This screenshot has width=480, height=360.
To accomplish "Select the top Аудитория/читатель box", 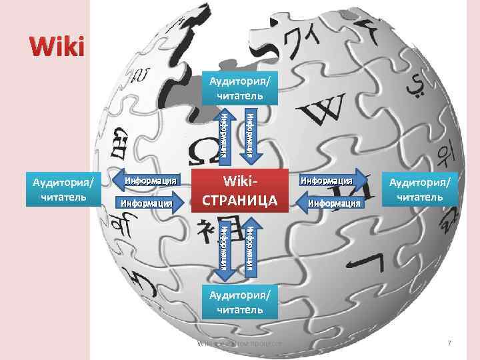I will click(x=239, y=89).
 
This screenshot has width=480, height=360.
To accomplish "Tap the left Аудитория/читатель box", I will click(x=59, y=189).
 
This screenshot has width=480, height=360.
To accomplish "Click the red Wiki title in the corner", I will click(x=57, y=47).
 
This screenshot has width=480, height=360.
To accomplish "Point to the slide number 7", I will click(x=449, y=343).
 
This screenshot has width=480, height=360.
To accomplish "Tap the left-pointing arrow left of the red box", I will click(x=149, y=180).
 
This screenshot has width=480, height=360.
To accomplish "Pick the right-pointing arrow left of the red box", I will click(x=149, y=202).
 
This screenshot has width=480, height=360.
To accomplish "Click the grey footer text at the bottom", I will click(x=240, y=343).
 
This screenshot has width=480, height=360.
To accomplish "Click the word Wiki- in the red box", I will click(x=239, y=182).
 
